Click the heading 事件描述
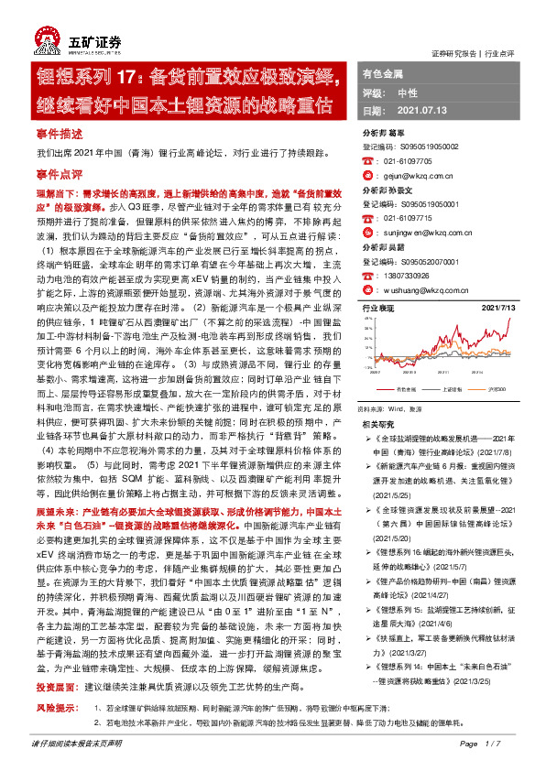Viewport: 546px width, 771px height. pos(59,133)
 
